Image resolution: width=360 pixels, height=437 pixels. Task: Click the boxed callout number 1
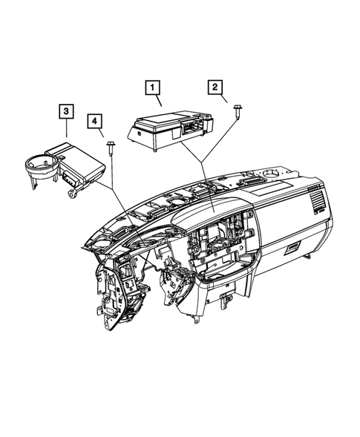click(153, 88)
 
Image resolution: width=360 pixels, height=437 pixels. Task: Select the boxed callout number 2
click(215, 88)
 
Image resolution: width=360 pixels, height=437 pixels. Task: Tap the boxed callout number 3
click(67, 111)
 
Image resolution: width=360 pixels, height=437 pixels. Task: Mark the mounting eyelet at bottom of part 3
click(71, 194)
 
